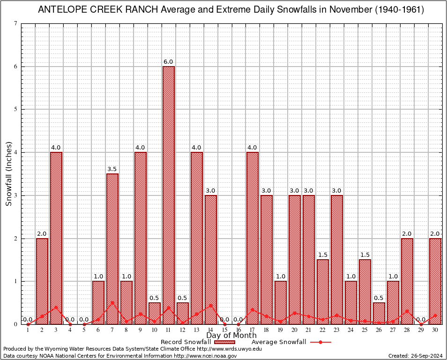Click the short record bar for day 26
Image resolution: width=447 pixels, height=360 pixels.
point(379,313)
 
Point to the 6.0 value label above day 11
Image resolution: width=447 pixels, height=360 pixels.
point(168,62)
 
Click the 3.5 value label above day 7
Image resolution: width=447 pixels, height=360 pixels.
point(112,169)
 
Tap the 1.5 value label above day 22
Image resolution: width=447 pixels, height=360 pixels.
point(323,255)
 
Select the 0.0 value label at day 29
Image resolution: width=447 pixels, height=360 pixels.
point(421,320)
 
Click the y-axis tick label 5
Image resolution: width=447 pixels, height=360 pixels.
point(16,110)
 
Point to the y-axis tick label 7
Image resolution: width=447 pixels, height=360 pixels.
point(16,24)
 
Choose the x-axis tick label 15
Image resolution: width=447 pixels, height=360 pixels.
point(224,330)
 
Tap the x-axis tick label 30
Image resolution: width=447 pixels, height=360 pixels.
point(435,330)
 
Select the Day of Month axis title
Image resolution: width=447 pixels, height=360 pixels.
point(231,336)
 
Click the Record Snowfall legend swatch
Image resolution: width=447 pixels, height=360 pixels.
point(224,342)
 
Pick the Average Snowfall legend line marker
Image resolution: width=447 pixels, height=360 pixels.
point(320,342)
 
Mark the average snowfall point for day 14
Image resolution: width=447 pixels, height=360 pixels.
point(210,305)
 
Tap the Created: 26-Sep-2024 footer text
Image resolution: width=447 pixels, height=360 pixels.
point(416,356)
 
